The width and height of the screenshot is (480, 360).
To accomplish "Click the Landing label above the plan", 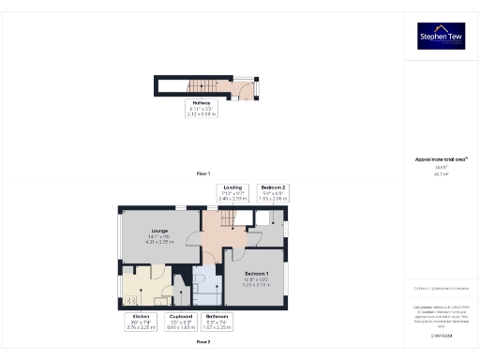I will click(x=232, y=194).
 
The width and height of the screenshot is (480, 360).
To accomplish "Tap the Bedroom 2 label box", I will click(x=273, y=194).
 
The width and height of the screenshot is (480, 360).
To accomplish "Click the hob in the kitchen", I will click(x=132, y=300).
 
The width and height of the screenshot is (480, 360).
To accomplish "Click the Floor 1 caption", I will click(x=202, y=174).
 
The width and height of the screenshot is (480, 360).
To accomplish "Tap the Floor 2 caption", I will click(x=202, y=342).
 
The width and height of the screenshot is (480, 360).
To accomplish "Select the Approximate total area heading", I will click(x=441, y=159).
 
